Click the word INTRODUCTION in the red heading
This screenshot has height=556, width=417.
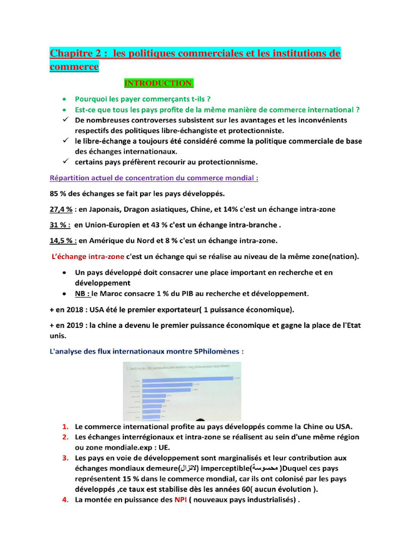click(x=158, y=83)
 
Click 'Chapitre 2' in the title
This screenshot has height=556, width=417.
click(x=77, y=53)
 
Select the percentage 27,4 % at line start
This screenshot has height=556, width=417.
click(x=61, y=209)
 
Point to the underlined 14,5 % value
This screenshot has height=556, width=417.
click(x=61, y=241)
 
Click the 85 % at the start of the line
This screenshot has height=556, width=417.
click(x=57, y=193)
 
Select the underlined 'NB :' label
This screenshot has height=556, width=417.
click(x=83, y=294)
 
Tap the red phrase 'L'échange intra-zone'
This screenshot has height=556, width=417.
click(x=87, y=256)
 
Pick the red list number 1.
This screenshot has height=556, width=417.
click(x=65, y=426)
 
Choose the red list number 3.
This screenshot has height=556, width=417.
click(x=65, y=458)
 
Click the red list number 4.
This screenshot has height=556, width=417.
click(x=65, y=500)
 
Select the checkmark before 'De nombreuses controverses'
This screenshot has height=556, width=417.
click(x=65, y=120)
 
